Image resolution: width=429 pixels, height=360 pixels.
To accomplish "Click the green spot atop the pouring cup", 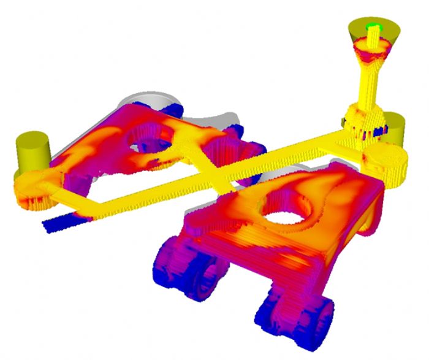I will pyautogui.click(x=371, y=26).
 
